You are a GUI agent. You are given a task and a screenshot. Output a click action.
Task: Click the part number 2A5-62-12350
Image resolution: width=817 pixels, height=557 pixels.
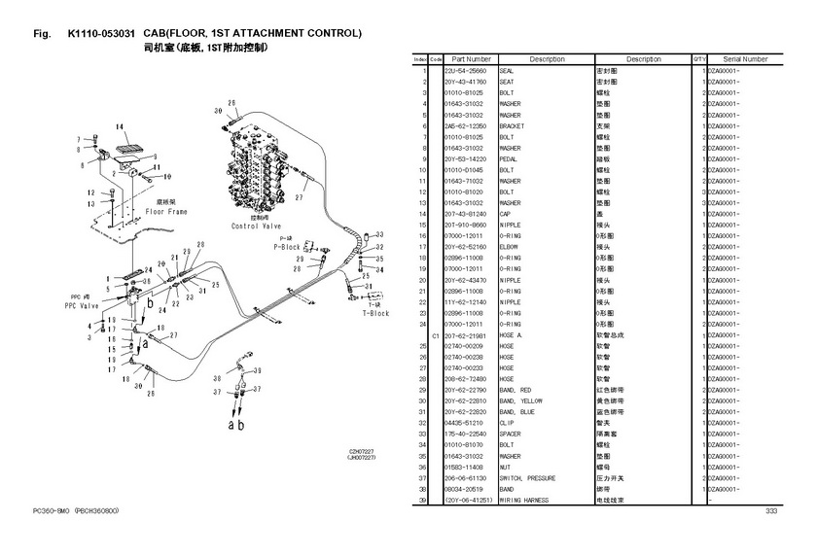[465, 126]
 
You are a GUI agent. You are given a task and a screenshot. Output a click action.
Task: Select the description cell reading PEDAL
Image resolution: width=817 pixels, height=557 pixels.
[510, 158]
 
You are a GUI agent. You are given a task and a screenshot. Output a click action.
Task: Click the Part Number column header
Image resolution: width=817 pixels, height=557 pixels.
[472, 59]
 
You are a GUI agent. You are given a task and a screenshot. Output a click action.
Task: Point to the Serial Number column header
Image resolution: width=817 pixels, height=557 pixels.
[745, 59]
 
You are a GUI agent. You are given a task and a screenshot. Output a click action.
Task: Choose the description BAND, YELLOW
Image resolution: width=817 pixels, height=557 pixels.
[520, 401]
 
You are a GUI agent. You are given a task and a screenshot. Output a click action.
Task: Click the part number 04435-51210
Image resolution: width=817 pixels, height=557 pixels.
[464, 423]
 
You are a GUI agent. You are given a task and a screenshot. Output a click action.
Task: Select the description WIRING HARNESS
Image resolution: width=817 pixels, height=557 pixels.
[523, 501]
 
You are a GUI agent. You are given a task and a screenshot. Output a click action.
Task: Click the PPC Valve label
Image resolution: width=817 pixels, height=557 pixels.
[84, 303]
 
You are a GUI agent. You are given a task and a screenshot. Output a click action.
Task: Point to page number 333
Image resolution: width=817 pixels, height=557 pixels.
[771, 511]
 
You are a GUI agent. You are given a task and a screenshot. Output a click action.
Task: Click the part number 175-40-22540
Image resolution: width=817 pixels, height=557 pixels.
[464, 434]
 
